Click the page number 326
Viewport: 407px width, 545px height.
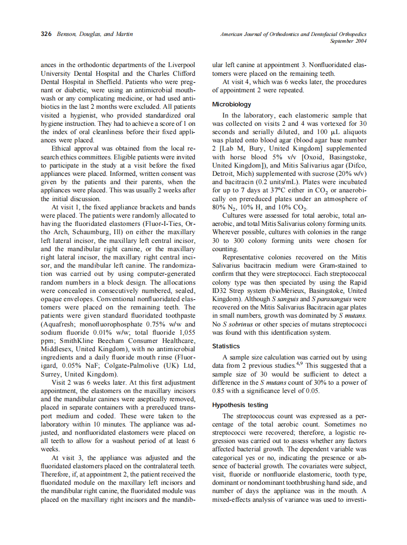tap(47, 34)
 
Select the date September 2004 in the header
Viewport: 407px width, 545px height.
tap(348, 41)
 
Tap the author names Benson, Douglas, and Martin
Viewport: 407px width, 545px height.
tap(95, 34)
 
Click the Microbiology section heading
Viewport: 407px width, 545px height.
tap(231, 104)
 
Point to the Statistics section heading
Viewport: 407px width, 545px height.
tap(226, 346)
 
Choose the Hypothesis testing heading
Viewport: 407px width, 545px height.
tap(240, 405)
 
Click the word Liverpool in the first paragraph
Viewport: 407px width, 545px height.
tap(181, 65)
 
